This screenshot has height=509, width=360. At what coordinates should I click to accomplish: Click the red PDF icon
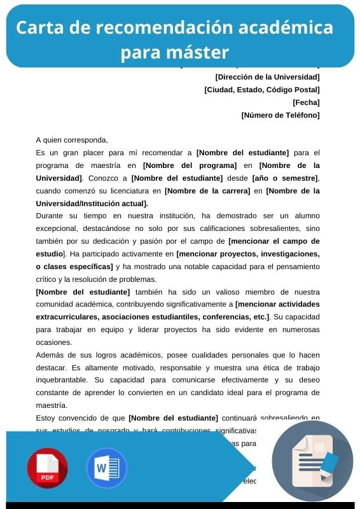pos(47,468)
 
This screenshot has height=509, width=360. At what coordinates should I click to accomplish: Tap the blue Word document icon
pos(107,468)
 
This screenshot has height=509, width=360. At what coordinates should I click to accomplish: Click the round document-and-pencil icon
pos(312,461)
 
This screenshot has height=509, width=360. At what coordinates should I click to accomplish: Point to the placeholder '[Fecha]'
pos(306,102)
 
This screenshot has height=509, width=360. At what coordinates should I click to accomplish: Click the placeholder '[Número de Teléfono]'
pos(280,115)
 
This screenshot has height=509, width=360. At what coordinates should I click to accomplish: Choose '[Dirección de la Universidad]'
pos(268,77)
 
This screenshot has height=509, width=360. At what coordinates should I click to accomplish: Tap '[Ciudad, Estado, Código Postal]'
pos(262,90)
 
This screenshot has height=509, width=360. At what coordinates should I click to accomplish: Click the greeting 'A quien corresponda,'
pos(72,140)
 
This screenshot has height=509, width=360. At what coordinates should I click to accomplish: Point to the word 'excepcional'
pos(57,229)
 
